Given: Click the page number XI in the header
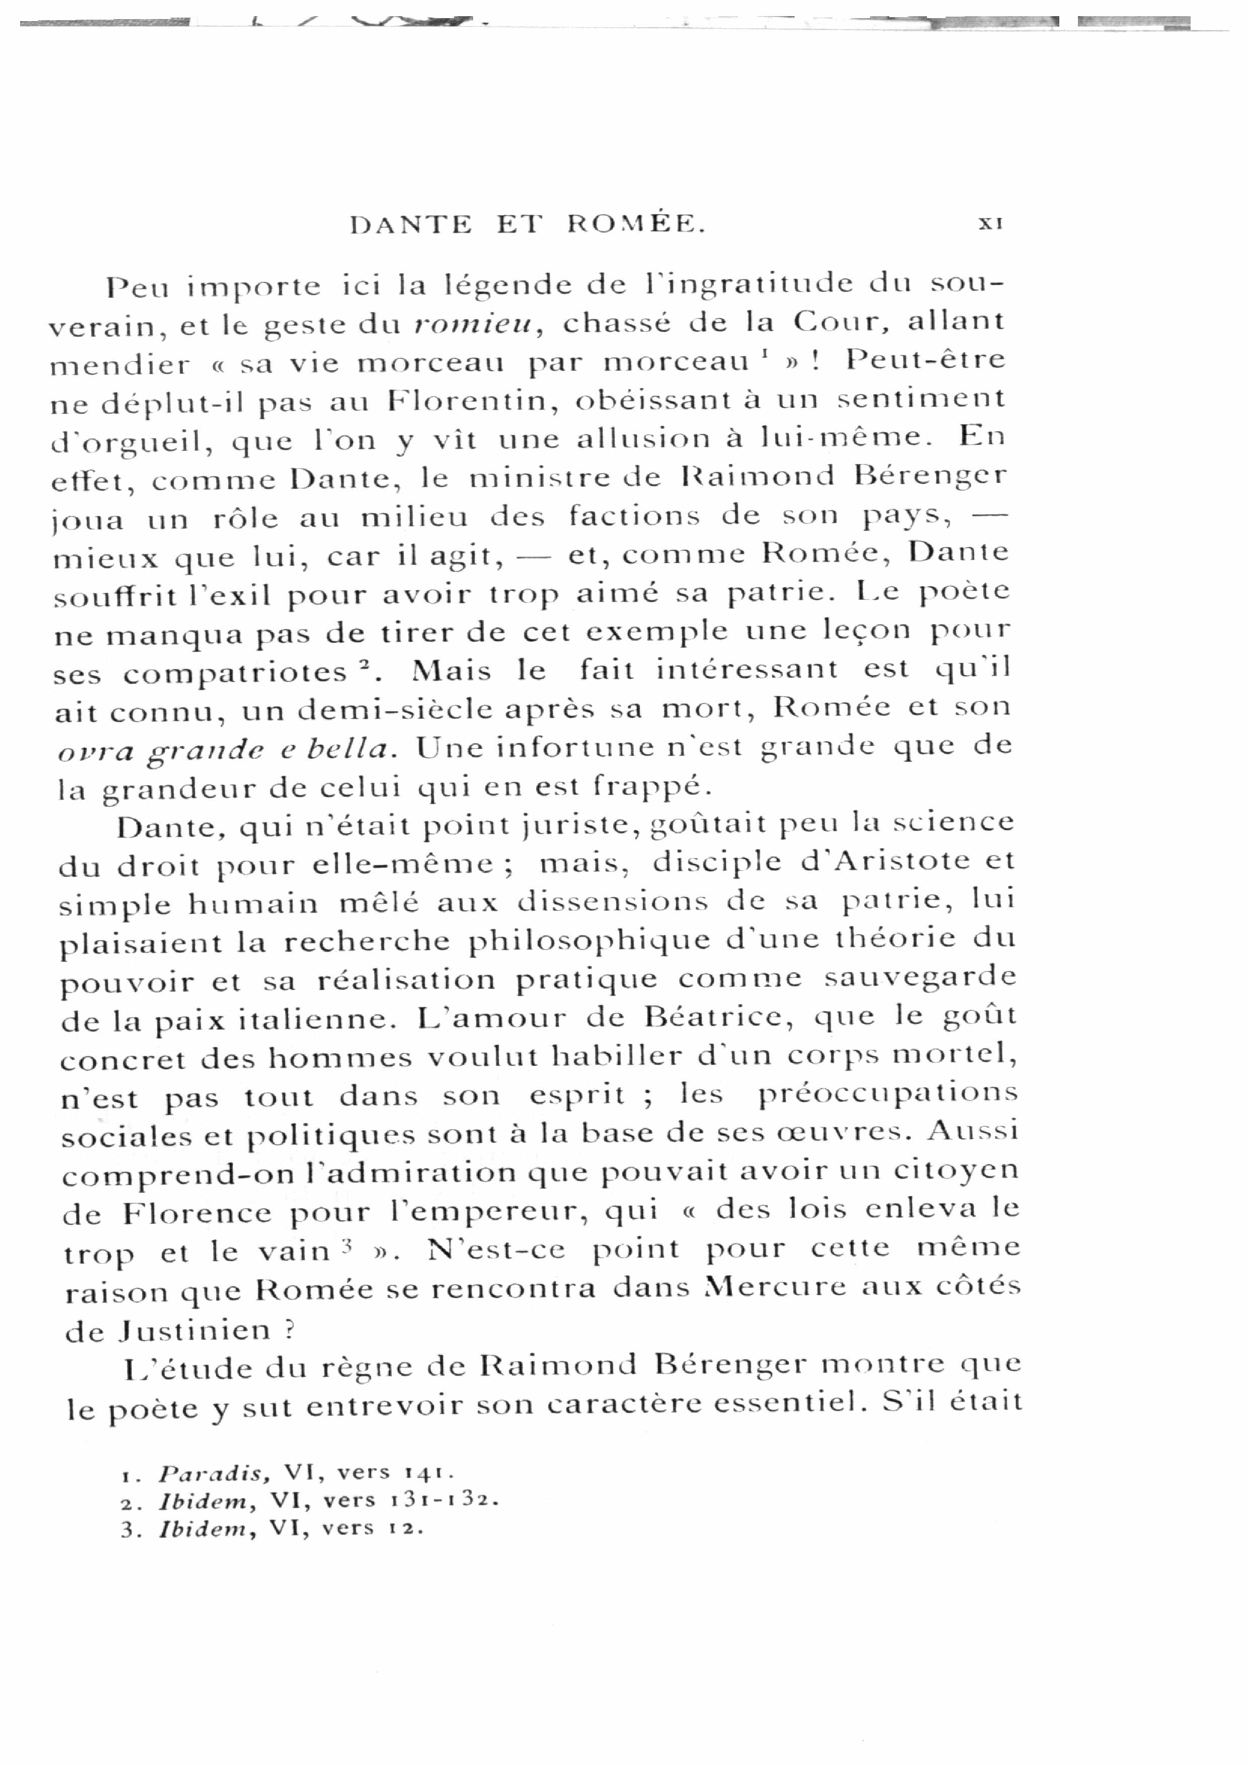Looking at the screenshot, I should pyautogui.click(x=990, y=223).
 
